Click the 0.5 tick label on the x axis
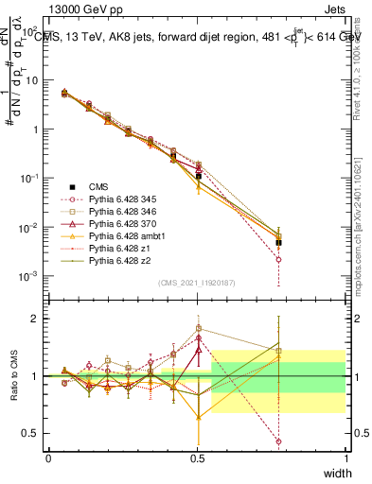tap(197, 458)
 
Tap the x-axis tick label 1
tap(345, 458)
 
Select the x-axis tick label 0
tap(48, 458)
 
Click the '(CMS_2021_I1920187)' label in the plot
tap(197, 282)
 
